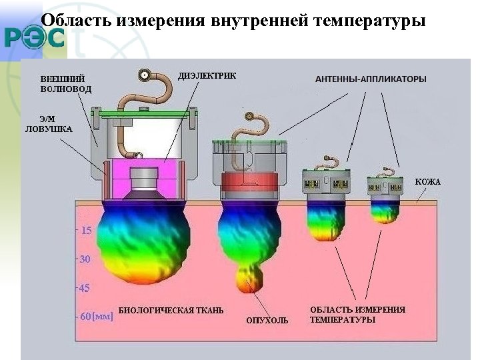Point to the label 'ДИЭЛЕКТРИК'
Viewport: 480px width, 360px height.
[207, 75]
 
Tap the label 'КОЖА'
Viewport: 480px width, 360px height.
[427, 182]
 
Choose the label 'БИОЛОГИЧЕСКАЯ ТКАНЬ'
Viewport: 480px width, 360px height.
[171, 311]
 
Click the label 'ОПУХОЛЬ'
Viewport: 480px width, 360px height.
[267, 321]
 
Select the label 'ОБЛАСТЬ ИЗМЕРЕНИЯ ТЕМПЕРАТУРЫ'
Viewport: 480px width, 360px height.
[357, 315]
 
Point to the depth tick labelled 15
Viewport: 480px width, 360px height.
[86, 232]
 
